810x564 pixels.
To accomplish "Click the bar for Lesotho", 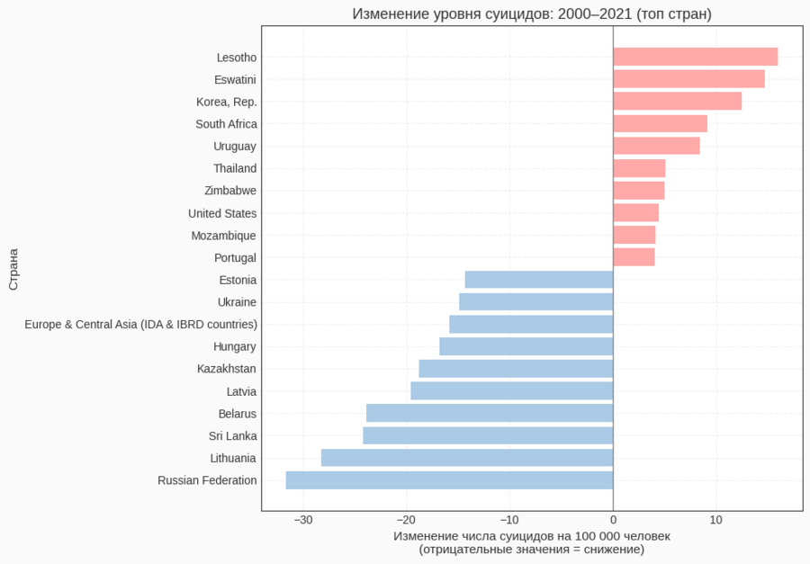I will [x=695, y=57].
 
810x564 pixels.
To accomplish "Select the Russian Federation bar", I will [x=449, y=480].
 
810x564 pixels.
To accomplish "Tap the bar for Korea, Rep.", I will [x=677, y=101].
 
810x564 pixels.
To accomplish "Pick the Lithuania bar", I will [x=467, y=458].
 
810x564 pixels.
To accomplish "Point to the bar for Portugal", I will [x=634, y=257].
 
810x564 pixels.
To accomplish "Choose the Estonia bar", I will [x=538, y=280].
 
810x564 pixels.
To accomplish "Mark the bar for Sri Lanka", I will [x=488, y=435].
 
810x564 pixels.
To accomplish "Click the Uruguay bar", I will [x=656, y=146].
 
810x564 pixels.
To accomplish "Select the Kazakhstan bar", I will [x=516, y=369].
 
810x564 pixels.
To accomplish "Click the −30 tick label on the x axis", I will [x=303, y=520].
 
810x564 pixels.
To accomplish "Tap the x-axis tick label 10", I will [x=716, y=520].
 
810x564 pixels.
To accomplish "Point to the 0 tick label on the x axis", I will [x=613, y=520].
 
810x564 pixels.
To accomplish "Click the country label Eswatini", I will [x=235, y=79].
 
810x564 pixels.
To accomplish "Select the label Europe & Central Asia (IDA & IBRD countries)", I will [x=140, y=324].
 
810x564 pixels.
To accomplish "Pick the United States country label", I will [x=222, y=213].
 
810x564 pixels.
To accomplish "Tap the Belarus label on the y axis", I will [x=237, y=414].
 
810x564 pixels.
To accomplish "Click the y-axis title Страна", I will [x=13, y=269].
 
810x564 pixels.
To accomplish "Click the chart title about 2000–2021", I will [x=532, y=13].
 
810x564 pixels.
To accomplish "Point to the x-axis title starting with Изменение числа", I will [x=532, y=536].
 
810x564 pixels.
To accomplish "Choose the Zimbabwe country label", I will [x=230, y=191].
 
